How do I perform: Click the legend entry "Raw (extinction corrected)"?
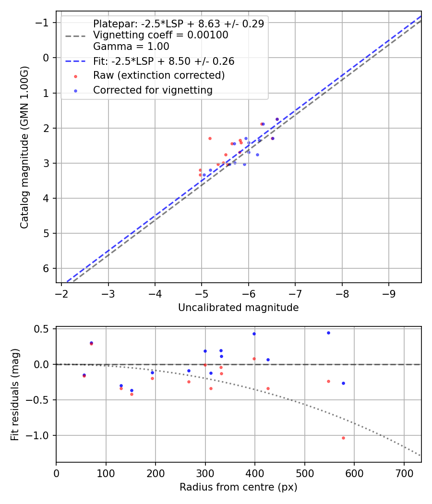pyautogui.click(x=158, y=75)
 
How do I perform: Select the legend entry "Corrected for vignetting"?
pyautogui.click(x=153, y=90)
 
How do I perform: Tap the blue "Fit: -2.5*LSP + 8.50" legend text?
pyautogui.click(x=163, y=61)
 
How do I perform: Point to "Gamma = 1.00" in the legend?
pyautogui.click(x=131, y=47)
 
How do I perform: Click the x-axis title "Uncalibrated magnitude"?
pyautogui.click(x=238, y=308)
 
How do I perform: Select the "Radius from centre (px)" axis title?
pyautogui.click(x=238, y=487)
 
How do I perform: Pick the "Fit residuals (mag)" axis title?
pyautogui.click(x=15, y=395)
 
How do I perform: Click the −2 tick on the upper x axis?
pyautogui.click(x=61, y=293)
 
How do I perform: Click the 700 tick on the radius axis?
pyautogui.click(x=404, y=473)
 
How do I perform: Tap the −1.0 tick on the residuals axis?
pyautogui.click(x=40, y=435)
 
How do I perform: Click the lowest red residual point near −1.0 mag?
pyautogui.click(x=343, y=438)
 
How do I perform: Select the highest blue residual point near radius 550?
pyautogui.click(x=328, y=333)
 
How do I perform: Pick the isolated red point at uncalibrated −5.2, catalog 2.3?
pyautogui.click(x=210, y=138)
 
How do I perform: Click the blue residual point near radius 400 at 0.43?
pyautogui.click(x=254, y=334)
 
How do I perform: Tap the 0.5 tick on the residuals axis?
pyautogui.click(x=44, y=329)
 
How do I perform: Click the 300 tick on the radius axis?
pyautogui.click(x=205, y=473)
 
